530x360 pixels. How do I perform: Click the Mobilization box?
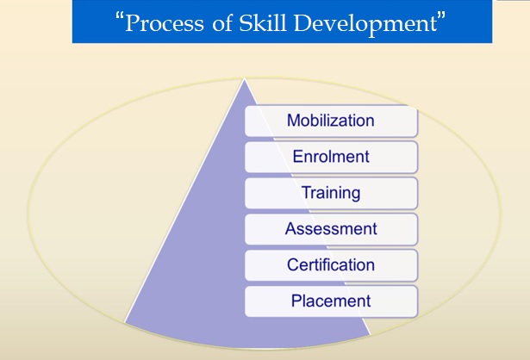coord(331,121)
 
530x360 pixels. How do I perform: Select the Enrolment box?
coord(331,157)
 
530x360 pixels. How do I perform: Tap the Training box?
coord(331,193)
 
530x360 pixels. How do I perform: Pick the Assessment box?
coord(331,229)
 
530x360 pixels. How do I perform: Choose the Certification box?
coord(331,264)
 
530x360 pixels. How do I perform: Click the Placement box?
coord(331,301)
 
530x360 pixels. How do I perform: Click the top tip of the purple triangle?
coord(245,79)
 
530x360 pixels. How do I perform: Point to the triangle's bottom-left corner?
coord(126,320)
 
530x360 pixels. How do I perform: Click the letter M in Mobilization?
coord(294,121)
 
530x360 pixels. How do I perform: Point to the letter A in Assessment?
coord(290,229)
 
